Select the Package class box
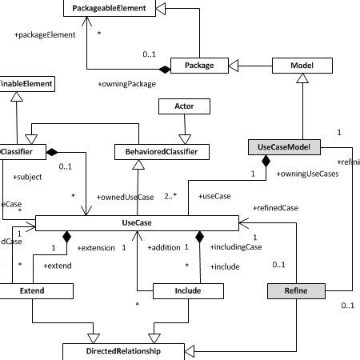coord(198,65)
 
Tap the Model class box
coord(301,65)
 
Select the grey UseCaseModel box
coord(289,147)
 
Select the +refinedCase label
coord(276,207)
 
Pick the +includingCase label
coord(235,247)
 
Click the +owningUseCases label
coord(307,173)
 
